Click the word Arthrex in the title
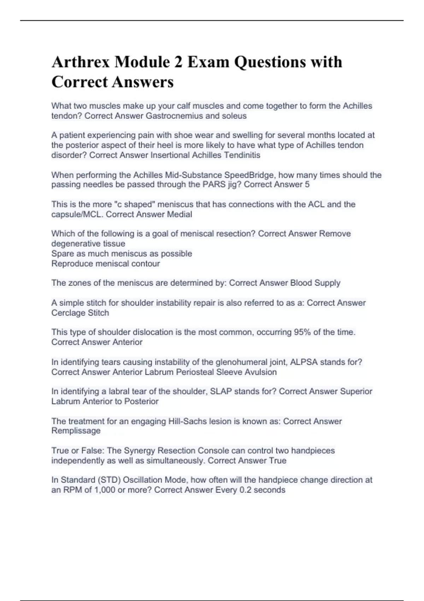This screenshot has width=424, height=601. [x=81, y=62]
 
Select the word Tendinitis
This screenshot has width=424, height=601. [x=242, y=155]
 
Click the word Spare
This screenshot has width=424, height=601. [x=62, y=253]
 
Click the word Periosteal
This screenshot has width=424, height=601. [x=195, y=372]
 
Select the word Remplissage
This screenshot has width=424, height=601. [x=76, y=431]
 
